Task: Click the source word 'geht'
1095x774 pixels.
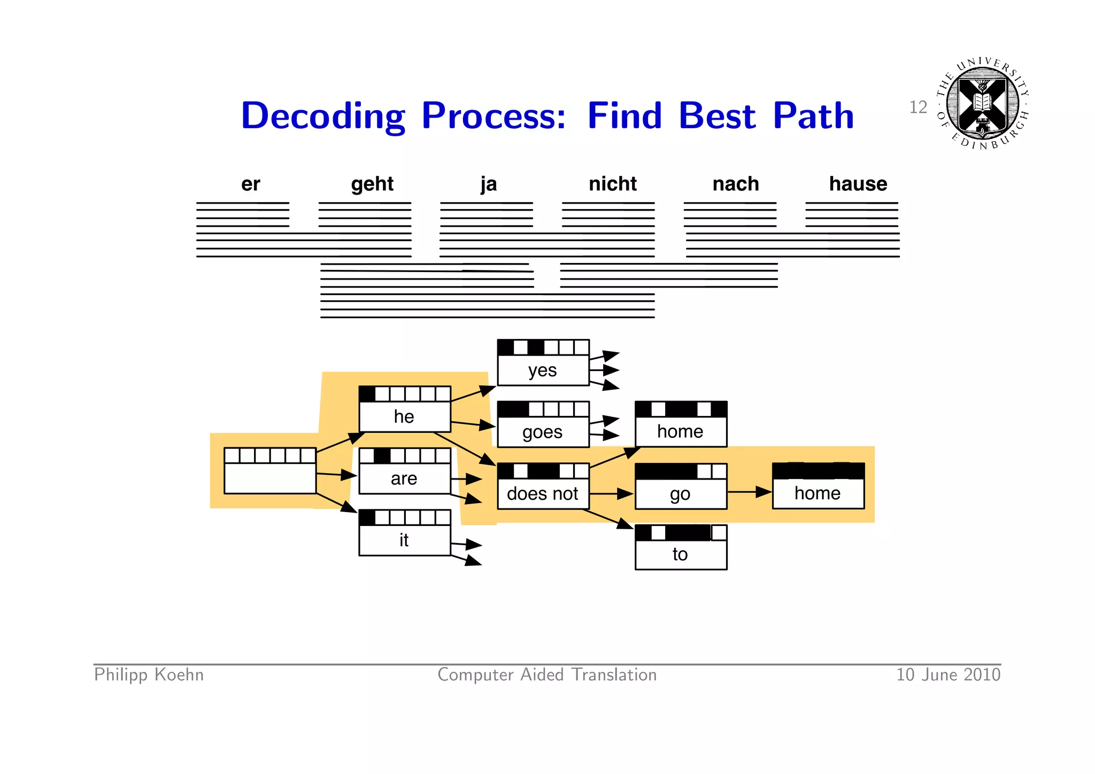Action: [x=372, y=184]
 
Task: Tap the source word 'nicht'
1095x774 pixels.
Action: [x=612, y=184]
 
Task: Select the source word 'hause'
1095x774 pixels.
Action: [x=858, y=184]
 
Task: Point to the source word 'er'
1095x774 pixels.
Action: [x=250, y=184]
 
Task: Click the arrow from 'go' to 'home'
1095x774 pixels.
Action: [x=749, y=492]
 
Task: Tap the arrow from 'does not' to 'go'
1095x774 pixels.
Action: [x=611, y=493]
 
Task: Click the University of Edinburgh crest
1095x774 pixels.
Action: [x=982, y=103]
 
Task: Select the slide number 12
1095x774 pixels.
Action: [x=917, y=107]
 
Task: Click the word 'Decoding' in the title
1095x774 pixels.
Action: [x=322, y=116]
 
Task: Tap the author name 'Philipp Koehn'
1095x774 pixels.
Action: [x=149, y=675]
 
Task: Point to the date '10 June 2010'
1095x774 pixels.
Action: [x=948, y=675]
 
